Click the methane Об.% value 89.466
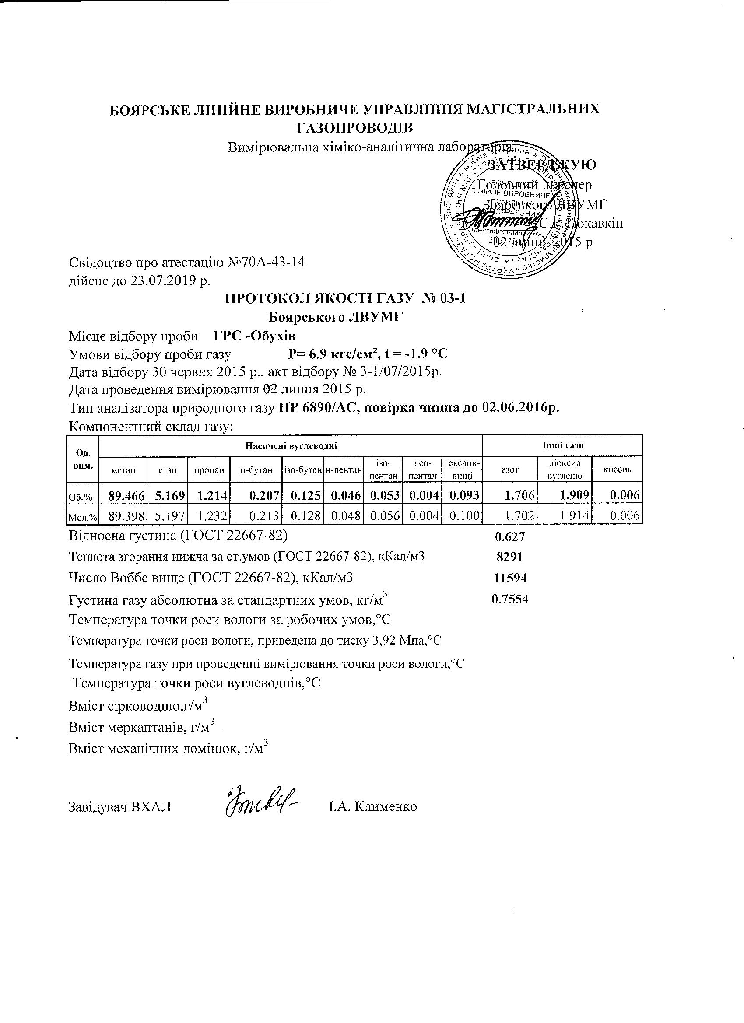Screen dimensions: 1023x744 pyautogui.click(x=126, y=496)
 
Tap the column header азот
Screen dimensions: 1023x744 pyautogui.click(x=510, y=469)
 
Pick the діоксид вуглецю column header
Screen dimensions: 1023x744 pyautogui.click(x=564, y=469)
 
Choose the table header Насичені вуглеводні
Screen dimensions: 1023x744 pyautogui.click(x=291, y=445)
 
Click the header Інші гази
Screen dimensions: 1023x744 pyautogui.click(x=563, y=445)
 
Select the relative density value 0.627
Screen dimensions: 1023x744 pyautogui.click(x=510, y=537)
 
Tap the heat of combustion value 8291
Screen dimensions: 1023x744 pyautogui.click(x=509, y=557)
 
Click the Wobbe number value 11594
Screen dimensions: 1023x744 pyautogui.click(x=510, y=578)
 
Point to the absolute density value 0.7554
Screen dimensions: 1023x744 pyautogui.click(x=510, y=599)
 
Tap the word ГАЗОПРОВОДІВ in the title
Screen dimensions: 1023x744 pyautogui.click(x=354, y=128)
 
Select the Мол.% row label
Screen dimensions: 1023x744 pyautogui.click(x=82, y=517)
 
